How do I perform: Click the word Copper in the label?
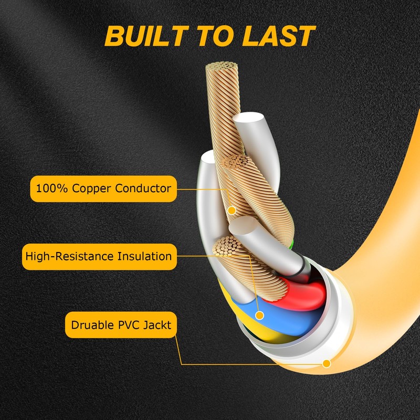(x=93, y=188)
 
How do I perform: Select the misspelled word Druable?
(x=92, y=325)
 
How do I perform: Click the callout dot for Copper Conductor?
(x=231, y=210)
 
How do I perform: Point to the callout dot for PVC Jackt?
(x=327, y=363)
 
